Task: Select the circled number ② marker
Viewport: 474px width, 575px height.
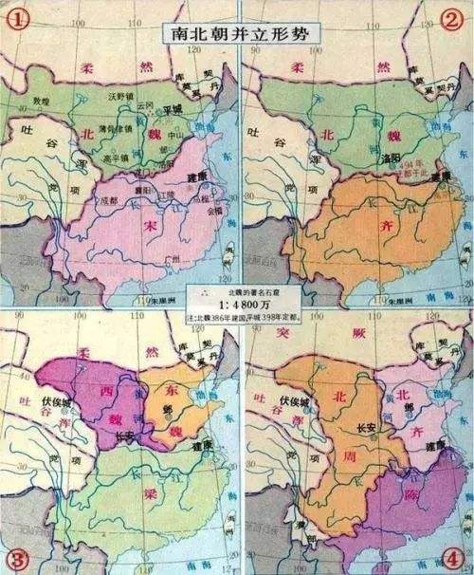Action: coord(453,19)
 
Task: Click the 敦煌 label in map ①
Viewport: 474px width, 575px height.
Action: coord(41,98)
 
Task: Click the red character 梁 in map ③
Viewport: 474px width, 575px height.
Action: coord(136,495)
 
